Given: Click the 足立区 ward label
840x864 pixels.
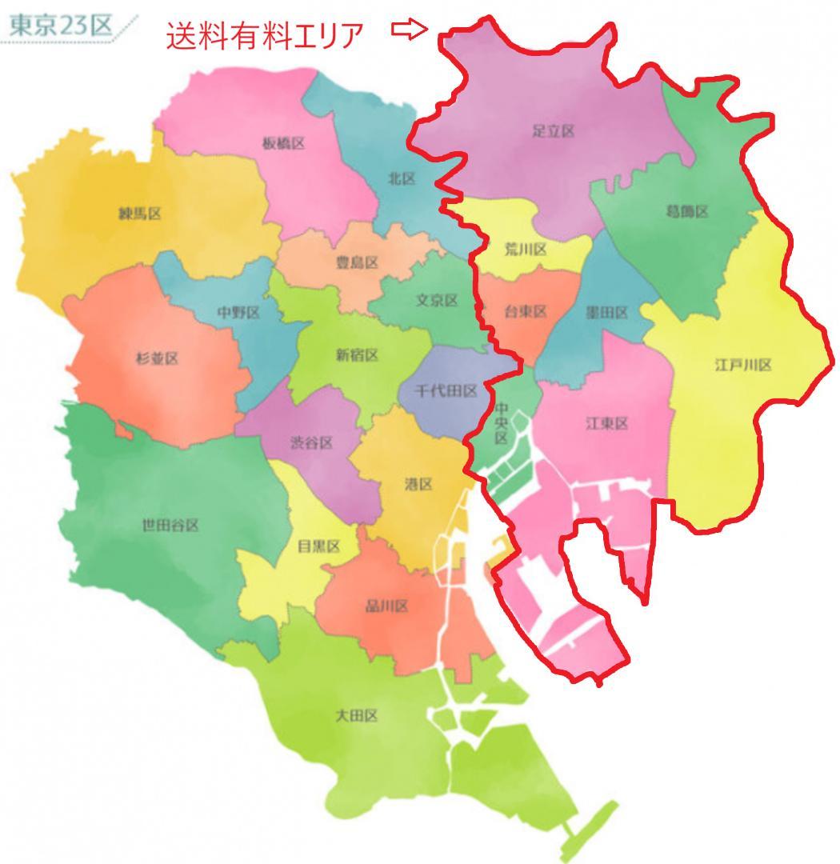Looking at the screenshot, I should (x=554, y=131).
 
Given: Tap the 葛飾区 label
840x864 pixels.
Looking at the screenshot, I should (x=687, y=212).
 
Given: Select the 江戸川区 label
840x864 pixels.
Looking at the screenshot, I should (x=742, y=366).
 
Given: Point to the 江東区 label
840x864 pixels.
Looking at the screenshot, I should (x=607, y=423).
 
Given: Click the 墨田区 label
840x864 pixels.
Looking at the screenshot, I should (x=607, y=313).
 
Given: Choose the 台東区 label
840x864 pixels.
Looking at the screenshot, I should (x=525, y=312).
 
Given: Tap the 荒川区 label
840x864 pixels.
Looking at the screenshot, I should (x=526, y=250).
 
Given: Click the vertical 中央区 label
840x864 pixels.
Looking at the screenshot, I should (x=501, y=423).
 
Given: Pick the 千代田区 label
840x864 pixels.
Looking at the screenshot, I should (x=447, y=391).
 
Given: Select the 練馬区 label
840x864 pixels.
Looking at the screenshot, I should (x=140, y=214).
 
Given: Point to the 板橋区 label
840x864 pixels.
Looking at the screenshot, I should (x=283, y=144).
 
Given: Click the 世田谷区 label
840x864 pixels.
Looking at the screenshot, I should (x=170, y=526).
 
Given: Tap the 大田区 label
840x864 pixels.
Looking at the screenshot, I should (x=356, y=716).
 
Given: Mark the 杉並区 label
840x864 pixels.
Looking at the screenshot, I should (x=157, y=358).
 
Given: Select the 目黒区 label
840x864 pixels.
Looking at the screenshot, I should (x=318, y=546).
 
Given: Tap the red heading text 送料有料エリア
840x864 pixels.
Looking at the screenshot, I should (x=265, y=35).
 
